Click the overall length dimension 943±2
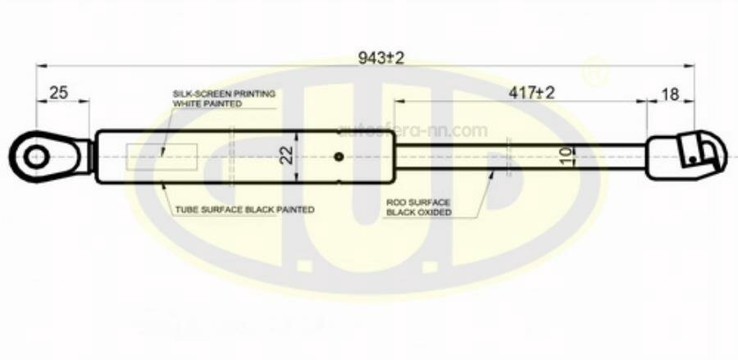382,57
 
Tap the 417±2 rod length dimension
531,93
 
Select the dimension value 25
58,93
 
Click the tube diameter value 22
286,155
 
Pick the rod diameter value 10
565,156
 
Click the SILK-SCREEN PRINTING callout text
223,93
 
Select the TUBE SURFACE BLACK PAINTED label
244,210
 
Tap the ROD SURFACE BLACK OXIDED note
420,207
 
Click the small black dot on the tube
339,156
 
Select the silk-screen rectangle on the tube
162,156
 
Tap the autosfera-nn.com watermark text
413,130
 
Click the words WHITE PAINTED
207,104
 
